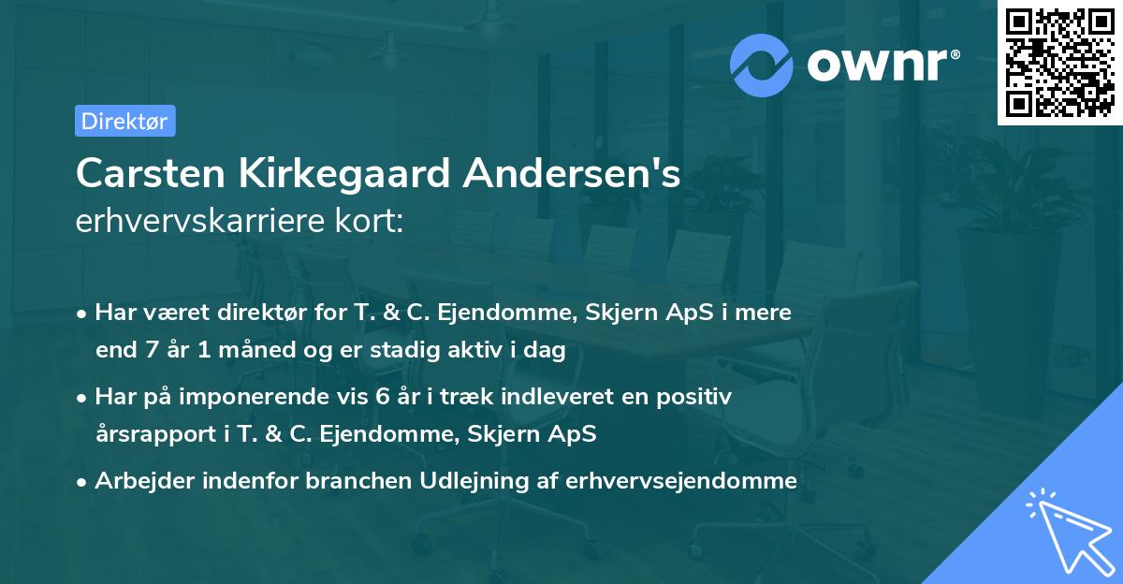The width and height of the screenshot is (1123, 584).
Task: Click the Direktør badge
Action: pyautogui.click(x=124, y=121)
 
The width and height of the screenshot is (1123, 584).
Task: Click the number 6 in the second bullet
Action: pyautogui.click(x=382, y=397)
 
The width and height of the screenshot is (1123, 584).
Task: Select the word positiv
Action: pyautogui.click(x=696, y=397)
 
